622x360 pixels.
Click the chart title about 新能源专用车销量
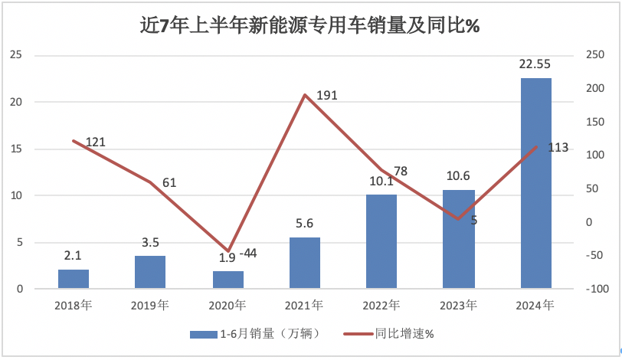[309, 25]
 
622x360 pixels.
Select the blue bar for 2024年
[535, 183]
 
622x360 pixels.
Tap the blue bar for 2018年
[74, 279]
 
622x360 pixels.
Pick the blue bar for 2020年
[228, 280]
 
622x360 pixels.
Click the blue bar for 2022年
[381, 241]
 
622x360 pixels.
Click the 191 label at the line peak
[326, 95]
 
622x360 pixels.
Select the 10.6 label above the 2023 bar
[459, 176]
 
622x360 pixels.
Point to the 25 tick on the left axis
[16, 55]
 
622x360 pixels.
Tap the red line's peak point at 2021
[305, 95]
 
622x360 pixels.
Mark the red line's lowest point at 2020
[228, 250]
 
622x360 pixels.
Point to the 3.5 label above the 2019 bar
[150, 243]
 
